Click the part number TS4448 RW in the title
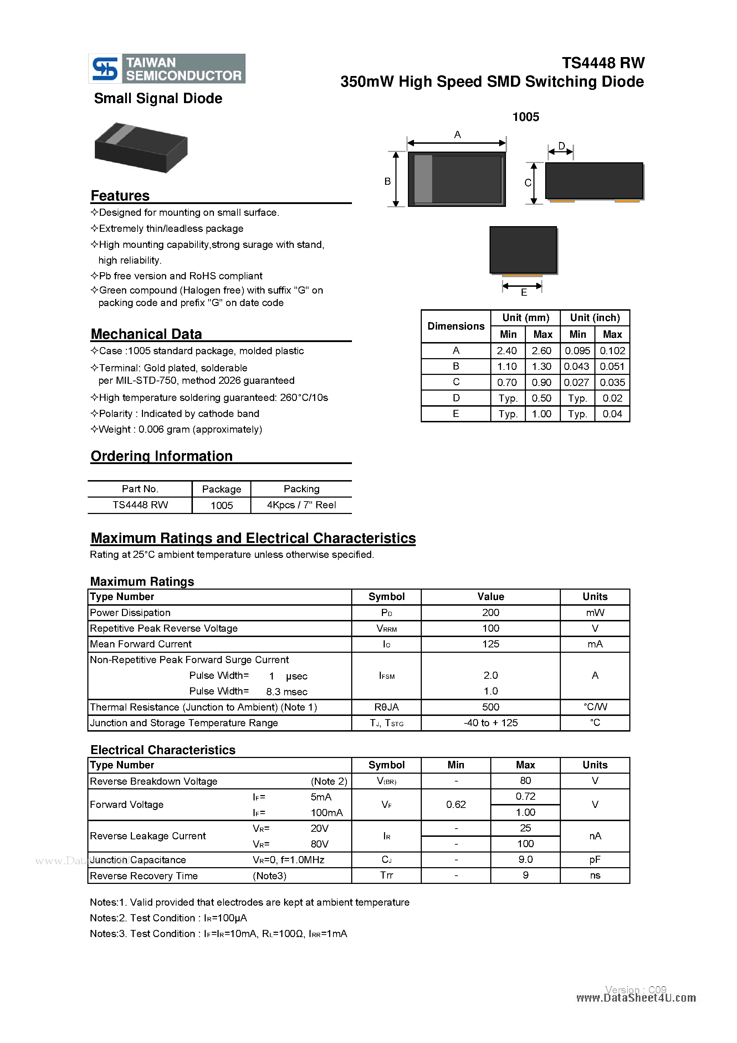pyautogui.click(x=603, y=63)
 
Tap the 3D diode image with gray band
pyautogui.click(x=141, y=147)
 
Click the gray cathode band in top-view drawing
pyautogui.click(x=423, y=179)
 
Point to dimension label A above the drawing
pyautogui.click(x=457, y=134)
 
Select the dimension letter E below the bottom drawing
pyautogui.click(x=523, y=292)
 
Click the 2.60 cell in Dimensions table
pyautogui.click(x=541, y=351)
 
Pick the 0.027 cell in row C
pyautogui.click(x=576, y=382)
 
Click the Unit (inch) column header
pyautogui.click(x=594, y=317)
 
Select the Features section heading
pyautogui.click(x=120, y=196)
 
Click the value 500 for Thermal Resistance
pyautogui.click(x=490, y=707)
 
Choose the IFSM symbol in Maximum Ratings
pyautogui.click(x=387, y=676)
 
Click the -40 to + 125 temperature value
pyautogui.click(x=490, y=723)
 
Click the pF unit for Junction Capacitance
pyautogui.click(x=594, y=859)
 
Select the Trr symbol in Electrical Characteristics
pyautogui.click(x=387, y=875)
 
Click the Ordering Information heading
pyautogui.click(x=162, y=456)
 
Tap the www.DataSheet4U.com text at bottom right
pyautogui.click(x=636, y=998)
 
